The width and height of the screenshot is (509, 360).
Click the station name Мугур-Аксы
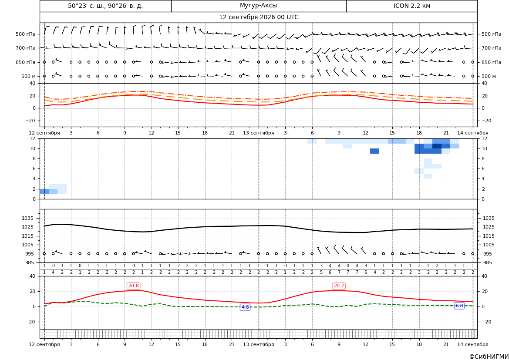tap(258, 6)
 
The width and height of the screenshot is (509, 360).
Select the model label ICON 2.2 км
tap(411, 6)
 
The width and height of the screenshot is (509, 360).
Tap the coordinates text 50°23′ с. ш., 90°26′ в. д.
tap(105, 6)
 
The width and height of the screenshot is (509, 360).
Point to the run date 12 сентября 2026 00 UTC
tap(258, 17)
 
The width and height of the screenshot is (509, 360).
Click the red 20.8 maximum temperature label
tap(133, 286)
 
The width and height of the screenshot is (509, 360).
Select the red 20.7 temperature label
tap(339, 286)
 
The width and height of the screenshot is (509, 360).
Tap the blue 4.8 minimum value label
tap(245, 307)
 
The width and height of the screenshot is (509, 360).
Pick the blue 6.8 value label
tap(459, 306)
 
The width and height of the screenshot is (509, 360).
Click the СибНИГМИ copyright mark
tap(489, 357)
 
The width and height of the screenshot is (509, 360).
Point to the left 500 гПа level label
tap(25, 34)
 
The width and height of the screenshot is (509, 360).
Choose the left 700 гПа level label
tap(25, 48)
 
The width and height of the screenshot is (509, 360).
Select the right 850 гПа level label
tap(492, 62)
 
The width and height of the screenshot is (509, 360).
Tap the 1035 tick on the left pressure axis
tap(27, 218)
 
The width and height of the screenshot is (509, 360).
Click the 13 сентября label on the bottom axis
tap(258, 344)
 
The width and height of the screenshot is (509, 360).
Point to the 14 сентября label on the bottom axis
tap(473, 344)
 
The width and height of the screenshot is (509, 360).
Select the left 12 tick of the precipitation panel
tap(33, 138)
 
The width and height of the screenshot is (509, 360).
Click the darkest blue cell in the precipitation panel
tap(437, 146)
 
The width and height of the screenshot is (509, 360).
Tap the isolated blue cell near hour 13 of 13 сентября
tap(374, 151)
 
